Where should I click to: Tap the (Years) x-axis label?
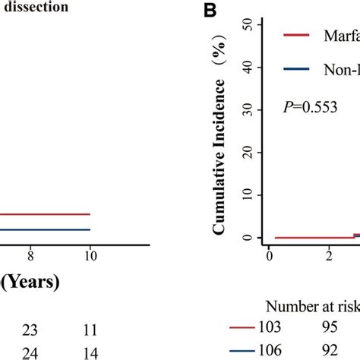pos(30,283)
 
